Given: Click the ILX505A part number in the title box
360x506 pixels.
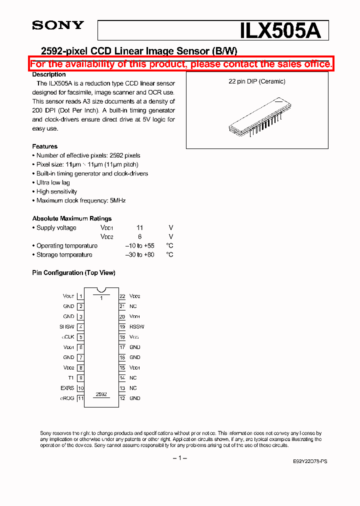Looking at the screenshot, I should click(283, 31).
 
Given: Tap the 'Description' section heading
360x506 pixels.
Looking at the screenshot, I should click(49, 74).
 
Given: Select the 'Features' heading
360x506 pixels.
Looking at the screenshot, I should click(45, 146).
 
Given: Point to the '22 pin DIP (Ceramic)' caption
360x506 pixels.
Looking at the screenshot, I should click(256, 81).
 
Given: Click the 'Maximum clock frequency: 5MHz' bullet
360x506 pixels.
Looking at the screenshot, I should click(80, 200).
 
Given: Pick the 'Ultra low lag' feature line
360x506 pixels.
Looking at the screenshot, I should click(53, 182).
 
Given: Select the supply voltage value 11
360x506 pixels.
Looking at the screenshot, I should click(140, 227).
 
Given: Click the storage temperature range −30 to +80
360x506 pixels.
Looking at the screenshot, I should click(139, 254).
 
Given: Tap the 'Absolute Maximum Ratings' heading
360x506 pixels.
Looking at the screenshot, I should click(72, 218).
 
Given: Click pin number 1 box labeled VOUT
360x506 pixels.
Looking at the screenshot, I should click(80, 296).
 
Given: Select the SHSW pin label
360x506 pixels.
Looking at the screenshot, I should click(67, 326).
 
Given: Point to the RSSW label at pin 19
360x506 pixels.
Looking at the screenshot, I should click(136, 326).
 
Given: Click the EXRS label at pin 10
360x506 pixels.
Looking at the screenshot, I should click(67, 388).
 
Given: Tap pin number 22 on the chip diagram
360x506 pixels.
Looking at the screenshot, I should click(122, 296).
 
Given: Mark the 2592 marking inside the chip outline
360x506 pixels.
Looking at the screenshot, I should click(101, 394).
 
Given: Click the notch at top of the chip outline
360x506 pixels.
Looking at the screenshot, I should click(101, 290).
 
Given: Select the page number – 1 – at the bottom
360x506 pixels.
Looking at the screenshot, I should click(179, 458).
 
